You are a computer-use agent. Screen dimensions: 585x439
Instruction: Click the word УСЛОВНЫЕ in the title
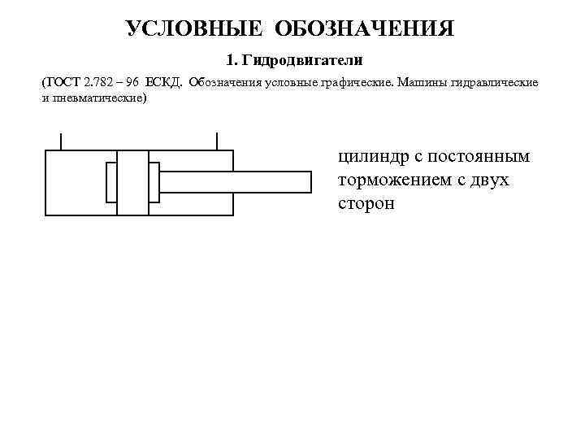195,29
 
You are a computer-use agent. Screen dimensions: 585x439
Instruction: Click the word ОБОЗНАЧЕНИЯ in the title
365,29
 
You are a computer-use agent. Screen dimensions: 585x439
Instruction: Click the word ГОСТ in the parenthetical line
63,84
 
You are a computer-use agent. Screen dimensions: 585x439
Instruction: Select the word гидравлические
495,84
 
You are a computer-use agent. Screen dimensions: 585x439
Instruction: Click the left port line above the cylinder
62,141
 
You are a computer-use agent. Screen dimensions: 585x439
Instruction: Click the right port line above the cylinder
217,141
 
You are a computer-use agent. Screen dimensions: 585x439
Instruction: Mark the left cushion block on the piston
111,182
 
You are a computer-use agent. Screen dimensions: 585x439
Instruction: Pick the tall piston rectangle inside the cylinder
133,183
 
